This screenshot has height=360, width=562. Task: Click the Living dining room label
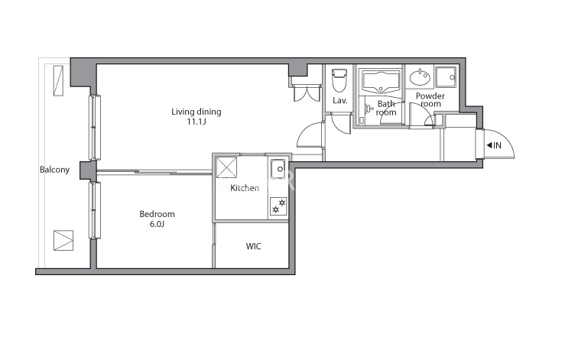(x=196, y=112)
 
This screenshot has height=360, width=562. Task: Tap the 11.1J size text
(x=197, y=122)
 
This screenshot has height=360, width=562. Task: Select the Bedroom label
(x=157, y=214)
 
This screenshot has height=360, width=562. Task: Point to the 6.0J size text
(x=157, y=224)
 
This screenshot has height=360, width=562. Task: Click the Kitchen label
(x=245, y=188)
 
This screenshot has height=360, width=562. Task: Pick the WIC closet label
(x=253, y=246)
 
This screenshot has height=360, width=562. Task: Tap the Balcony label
(x=54, y=170)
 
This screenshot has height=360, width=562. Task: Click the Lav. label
(x=339, y=101)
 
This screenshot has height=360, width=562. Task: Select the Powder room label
(x=430, y=100)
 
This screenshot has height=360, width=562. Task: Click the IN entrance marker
(x=494, y=145)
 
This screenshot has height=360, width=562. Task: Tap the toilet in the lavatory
(x=339, y=80)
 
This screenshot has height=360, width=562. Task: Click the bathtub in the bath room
(x=381, y=82)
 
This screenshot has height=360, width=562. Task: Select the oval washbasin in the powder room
(x=420, y=77)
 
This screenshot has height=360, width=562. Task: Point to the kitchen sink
(x=278, y=169)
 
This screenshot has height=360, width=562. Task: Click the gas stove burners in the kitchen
(x=278, y=206)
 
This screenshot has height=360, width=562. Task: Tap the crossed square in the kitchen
(x=226, y=167)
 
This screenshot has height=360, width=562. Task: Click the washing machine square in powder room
(x=446, y=76)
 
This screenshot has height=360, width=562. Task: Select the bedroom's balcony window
(x=95, y=210)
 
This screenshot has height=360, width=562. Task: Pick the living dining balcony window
(x=95, y=127)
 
